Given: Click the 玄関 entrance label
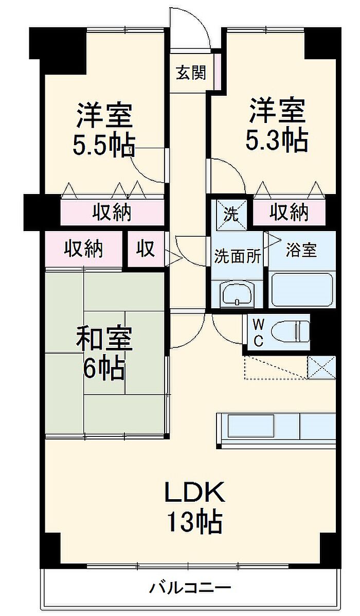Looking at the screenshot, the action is click(x=191, y=73).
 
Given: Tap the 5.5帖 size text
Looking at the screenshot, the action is click(x=104, y=145).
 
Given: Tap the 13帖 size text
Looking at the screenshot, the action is click(x=195, y=521).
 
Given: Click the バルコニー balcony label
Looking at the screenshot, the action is click(x=190, y=588).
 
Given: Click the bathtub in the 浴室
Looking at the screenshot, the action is click(x=302, y=290).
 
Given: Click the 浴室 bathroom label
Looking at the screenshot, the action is click(x=301, y=250).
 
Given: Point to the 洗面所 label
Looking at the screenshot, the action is click(x=237, y=257).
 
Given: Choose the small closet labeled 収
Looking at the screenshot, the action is click(x=146, y=249).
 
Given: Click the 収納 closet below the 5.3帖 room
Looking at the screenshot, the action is click(x=288, y=213).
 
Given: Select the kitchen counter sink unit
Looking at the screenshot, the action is click(x=277, y=428).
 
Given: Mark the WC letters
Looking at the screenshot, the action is click(x=258, y=333).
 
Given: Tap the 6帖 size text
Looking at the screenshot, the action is click(x=104, y=368).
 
